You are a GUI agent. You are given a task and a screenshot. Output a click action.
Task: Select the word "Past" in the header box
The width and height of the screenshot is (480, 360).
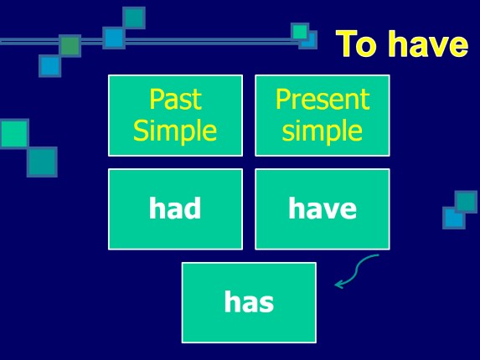click(x=175, y=100)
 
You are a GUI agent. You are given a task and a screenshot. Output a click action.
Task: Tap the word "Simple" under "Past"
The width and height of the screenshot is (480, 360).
click(x=175, y=131)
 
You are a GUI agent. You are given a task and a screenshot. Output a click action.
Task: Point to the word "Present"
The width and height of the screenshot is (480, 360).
click(x=322, y=100)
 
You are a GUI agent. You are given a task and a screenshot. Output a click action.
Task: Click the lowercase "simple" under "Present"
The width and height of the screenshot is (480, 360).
click(x=322, y=131)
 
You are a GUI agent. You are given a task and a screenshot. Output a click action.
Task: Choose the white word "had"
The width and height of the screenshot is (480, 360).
click(x=175, y=208)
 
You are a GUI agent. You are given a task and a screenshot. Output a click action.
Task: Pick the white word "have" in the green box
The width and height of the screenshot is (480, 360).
click(x=322, y=208)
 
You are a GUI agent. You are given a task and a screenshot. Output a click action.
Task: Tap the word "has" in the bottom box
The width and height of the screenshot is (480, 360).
click(x=249, y=302)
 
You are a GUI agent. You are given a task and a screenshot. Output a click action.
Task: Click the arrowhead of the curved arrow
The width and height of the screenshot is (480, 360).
click(x=338, y=285)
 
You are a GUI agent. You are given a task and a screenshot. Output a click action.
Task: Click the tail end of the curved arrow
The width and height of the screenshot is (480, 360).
click(x=378, y=256)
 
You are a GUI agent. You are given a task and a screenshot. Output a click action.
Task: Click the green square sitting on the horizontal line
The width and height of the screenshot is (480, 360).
click(x=70, y=45)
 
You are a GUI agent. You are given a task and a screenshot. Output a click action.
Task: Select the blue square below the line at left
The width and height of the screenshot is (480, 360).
click(x=50, y=65)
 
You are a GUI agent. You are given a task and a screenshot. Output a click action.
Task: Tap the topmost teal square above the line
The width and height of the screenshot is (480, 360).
click(x=134, y=18)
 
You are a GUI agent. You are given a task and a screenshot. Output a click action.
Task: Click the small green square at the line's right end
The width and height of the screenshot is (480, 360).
click(x=300, y=32)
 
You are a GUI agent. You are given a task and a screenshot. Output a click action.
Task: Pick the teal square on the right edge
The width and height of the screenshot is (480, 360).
click(x=466, y=201)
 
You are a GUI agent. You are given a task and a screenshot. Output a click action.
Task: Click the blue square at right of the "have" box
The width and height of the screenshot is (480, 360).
click(x=453, y=218)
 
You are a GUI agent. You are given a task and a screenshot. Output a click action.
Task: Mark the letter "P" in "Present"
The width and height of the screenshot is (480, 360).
click(x=282, y=100)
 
